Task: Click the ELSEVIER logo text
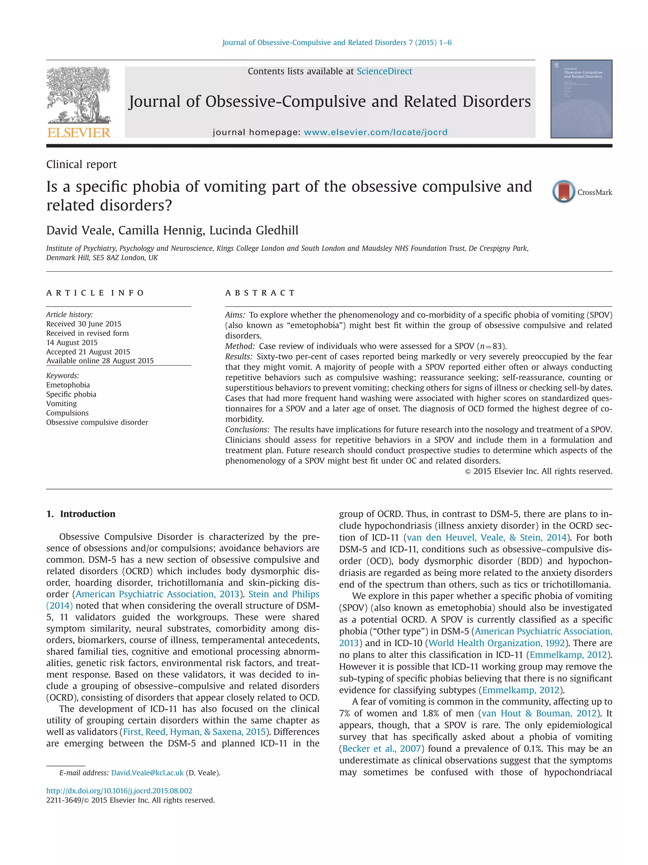pyautogui.click(x=78, y=133)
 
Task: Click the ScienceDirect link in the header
pyautogui.click(x=384, y=71)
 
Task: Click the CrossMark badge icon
pyautogui.click(x=563, y=192)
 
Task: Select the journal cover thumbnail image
pyautogui.click(x=581, y=99)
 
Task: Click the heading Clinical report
pyautogui.click(x=81, y=164)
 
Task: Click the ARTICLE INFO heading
pyautogui.click(x=95, y=293)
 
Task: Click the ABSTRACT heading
pyautogui.click(x=260, y=293)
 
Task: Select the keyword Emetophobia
pyautogui.click(x=68, y=385)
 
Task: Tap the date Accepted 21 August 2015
pyautogui.click(x=88, y=352)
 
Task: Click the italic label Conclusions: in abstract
pyautogui.click(x=247, y=429)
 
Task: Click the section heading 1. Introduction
pyautogui.click(x=81, y=514)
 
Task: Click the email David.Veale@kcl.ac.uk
pyautogui.click(x=147, y=773)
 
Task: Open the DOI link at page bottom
pyautogui.click(x=119, y=791)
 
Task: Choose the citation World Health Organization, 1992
pyautogui.click(x=496, y=643)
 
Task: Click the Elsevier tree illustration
pyautogui.click(x=78, y=95)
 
